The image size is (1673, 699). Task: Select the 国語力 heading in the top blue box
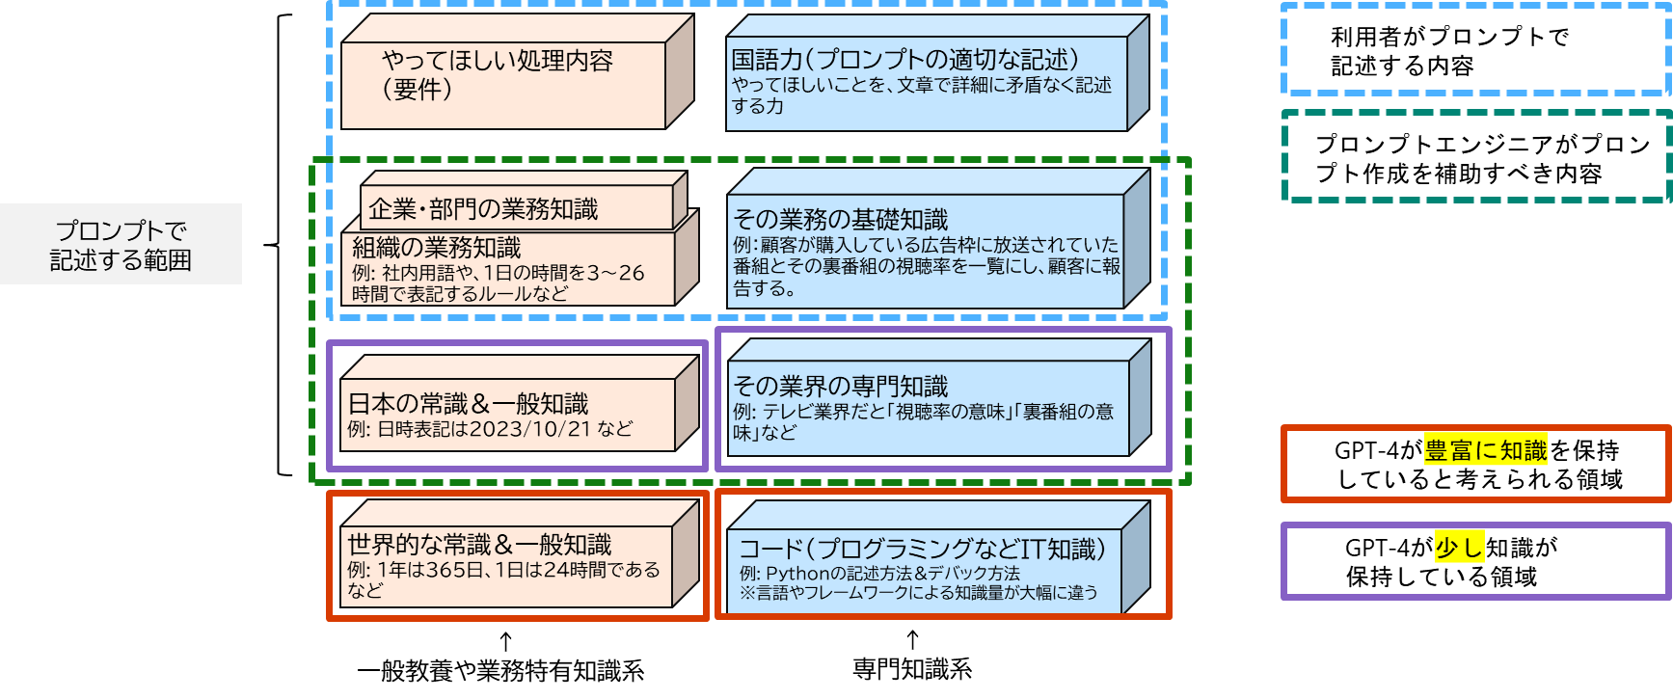[x=904, y=60]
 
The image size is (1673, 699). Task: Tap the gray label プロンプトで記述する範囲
[x=121, y=245]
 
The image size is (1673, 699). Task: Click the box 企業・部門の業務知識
[x=483, y=209]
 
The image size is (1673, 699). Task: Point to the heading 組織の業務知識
[x=436, y=248]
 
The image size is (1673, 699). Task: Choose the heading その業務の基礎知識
[x=841, y=220]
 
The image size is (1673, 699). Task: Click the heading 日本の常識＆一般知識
[x=468, y=403]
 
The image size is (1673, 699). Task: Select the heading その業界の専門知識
[x=841, y=387]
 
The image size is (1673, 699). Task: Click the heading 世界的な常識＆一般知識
[x=479, y=545]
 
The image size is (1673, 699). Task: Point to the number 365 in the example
[x=446, y=570]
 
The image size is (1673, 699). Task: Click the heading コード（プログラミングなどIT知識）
[x=922, y=550]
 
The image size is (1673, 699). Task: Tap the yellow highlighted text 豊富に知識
[x=1485, y=450]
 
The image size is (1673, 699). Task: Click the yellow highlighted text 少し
[x=1459, y=548]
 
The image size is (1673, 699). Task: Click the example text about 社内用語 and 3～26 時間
[x=498, y=283]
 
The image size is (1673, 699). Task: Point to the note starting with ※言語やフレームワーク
[x=918, y=593]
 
